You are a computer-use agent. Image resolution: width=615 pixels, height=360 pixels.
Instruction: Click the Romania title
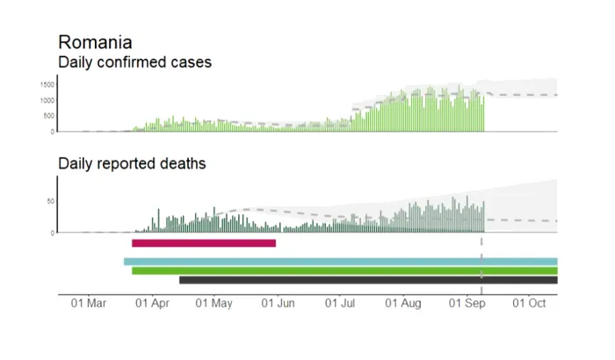[x=95, y=42]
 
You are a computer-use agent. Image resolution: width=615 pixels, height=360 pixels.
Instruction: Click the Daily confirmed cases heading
[x=134, y=62]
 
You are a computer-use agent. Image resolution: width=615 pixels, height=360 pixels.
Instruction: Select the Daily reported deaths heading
[x=131, y=163]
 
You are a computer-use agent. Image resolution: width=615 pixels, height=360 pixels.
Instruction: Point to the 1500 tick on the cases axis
[x=47, y=84]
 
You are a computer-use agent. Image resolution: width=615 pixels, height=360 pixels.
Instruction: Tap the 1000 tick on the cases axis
[x=47, y=100]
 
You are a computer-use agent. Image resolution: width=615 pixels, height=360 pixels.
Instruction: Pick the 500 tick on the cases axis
[x=48, y=116]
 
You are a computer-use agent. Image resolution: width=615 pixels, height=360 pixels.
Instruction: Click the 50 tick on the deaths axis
[x=50, y=201]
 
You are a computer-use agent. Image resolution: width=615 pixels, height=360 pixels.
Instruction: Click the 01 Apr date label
[x=151, y=303]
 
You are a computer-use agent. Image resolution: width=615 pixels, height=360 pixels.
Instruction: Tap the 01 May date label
[x=213, y=303]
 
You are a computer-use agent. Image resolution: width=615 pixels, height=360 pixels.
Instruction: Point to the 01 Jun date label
[x=277, y=303]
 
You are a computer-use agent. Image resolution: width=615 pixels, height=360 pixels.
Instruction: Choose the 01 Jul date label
[x=339, y=303]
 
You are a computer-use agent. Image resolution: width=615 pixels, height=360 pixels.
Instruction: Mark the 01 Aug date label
[x=402, y=303]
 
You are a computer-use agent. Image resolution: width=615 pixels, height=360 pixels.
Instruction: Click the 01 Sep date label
[x=467, y=303]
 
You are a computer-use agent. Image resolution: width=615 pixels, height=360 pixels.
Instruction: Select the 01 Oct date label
[x=529, y=303]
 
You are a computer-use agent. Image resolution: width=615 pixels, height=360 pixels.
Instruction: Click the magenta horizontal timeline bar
[x=204, y=243]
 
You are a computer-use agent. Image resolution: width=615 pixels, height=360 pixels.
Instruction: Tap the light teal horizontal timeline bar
[x=341, y=262]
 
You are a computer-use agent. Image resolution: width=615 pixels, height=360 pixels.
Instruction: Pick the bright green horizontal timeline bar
[x=344, y=270]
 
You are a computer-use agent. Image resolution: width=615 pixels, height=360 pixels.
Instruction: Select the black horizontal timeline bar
[x=368, y=280]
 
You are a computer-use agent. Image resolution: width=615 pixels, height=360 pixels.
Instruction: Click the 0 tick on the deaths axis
[x=53, y=233]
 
